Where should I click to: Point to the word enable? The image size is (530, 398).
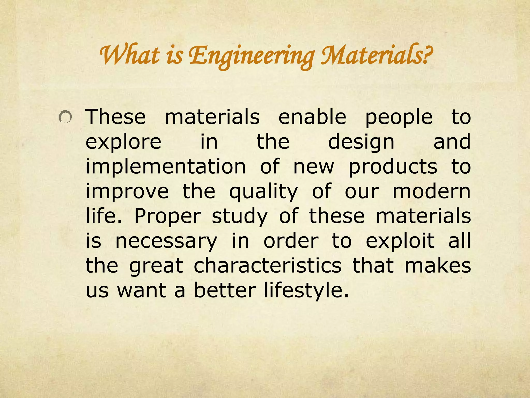pyautogui.click(x=312, y=117)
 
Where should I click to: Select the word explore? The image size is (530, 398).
pyautogui.click(x=123, y=143)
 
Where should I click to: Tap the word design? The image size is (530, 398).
pyautogui.click(x=361, y=143)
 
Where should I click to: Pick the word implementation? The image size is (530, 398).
pyautogui.click(x=166, y=167)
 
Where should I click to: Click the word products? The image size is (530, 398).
pyautogui.click(x=393, y=167)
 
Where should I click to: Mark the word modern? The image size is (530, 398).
pyautogui.click(x=431, y=191)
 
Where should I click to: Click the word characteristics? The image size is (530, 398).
pyautogui.click(x=268, y=266)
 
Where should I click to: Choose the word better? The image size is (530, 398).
pyautogui.click(x=225, y=290)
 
